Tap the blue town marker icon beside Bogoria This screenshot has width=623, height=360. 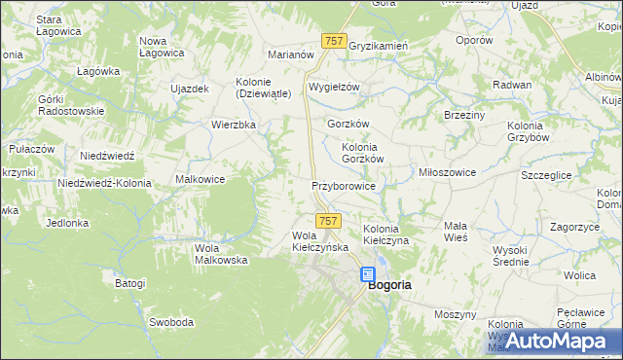[368, 275]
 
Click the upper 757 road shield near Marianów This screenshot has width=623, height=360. [333, 40]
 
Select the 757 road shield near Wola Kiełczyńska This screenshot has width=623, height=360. [328, 222]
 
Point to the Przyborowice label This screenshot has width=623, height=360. [343, 184]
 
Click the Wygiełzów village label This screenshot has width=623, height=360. [334, 87]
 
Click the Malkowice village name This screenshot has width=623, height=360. [201, 179]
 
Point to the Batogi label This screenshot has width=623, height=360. [130, 284]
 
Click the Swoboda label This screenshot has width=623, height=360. [171, 321]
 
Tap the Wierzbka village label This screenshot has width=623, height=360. [234, 125]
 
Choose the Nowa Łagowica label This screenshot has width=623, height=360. [163, 47]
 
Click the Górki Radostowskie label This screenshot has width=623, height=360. [70, 105]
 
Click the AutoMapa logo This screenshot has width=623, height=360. [551, 340]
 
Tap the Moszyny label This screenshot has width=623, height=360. [455, 314]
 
